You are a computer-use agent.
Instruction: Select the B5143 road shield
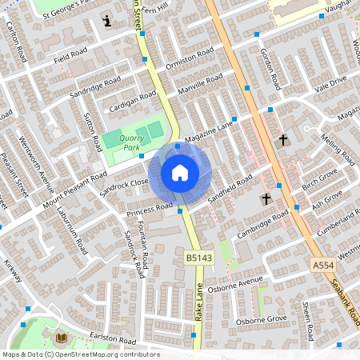point(198,258)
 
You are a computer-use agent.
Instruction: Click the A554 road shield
point(324,264)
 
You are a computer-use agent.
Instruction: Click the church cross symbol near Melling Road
point(282,141)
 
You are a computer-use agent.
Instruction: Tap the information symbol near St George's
point(107,20)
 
